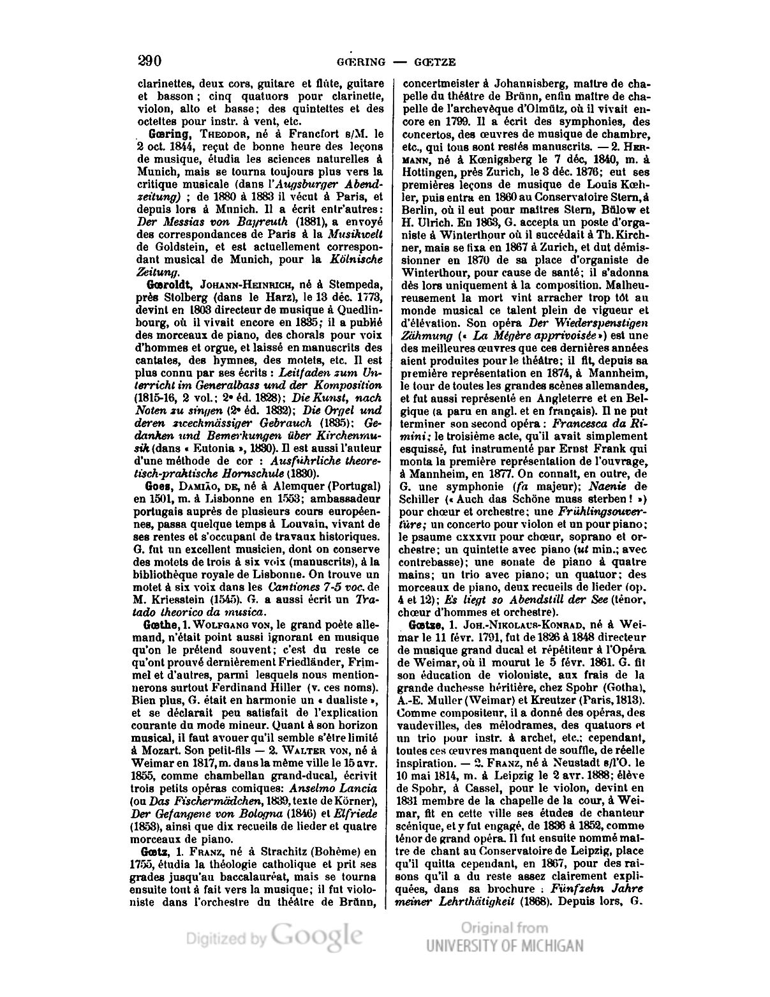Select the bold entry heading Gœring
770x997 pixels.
click(167, 135)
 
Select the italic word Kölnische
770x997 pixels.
click(357, 259)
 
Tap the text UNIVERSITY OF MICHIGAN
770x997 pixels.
click(504, 945)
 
